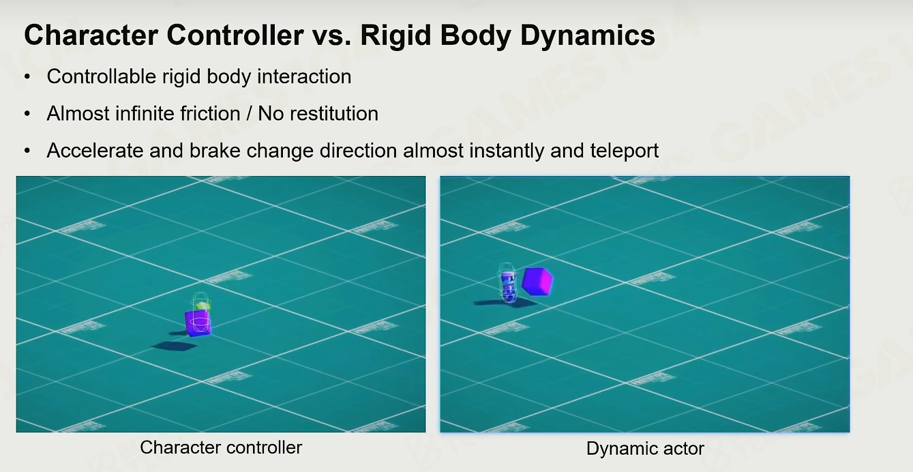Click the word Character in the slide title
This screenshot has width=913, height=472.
click(x=91, y=35)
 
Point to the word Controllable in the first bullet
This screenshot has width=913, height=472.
click(x=102, y=76)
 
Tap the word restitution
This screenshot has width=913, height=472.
click(x=334, y=113)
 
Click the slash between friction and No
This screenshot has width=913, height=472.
click(x=249, y=113)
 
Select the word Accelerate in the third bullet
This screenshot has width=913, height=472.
click(x=95, y=151)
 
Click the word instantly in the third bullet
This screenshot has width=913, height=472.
click(x=507, y=151)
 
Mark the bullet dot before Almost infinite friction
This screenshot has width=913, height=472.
click(x=27, y=114)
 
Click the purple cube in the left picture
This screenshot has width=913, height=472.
click(x=198, y=323)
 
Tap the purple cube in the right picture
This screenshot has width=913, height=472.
click(x=537, y=281)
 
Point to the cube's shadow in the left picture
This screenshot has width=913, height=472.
click(x=175, y=346)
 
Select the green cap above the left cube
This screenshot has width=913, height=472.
click(x=202, y=306)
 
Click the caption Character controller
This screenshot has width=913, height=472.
click(x=221, y=447)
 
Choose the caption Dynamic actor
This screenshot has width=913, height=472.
click(x=645, y=449)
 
